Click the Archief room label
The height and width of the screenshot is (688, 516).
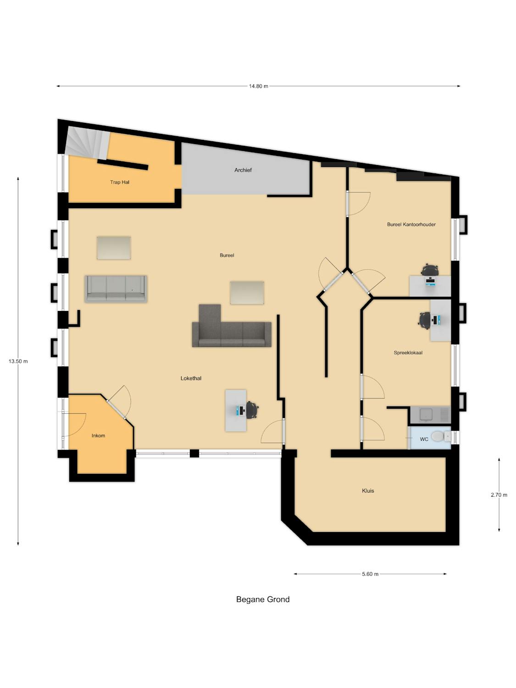[x=243, y=170]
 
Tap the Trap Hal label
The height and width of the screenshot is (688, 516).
[x=120, y=182]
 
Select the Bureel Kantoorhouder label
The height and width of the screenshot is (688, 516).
[x=411, y=224]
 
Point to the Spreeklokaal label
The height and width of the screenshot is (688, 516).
[x=408, y=353]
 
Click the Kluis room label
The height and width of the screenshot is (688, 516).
[x=368, y=491]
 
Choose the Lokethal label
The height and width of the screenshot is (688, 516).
[x=191, y=378]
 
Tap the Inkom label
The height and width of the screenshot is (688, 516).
[x=98, y=436]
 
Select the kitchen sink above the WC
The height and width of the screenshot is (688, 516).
[x=430, y=414]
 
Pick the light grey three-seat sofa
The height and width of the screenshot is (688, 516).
[x=116, y=289]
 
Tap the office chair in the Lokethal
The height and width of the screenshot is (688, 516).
[x=252, y=410]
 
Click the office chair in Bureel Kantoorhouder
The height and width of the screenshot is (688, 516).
[x=429, y=270]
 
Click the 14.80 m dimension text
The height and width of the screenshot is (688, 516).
[x=259, y=86]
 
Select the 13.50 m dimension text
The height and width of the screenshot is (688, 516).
[x=18, y=361]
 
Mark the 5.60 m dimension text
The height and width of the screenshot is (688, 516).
[x=370, y=574]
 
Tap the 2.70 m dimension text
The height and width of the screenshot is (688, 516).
[x=499, y=495]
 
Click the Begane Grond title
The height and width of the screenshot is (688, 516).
[x=262, y=599]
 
